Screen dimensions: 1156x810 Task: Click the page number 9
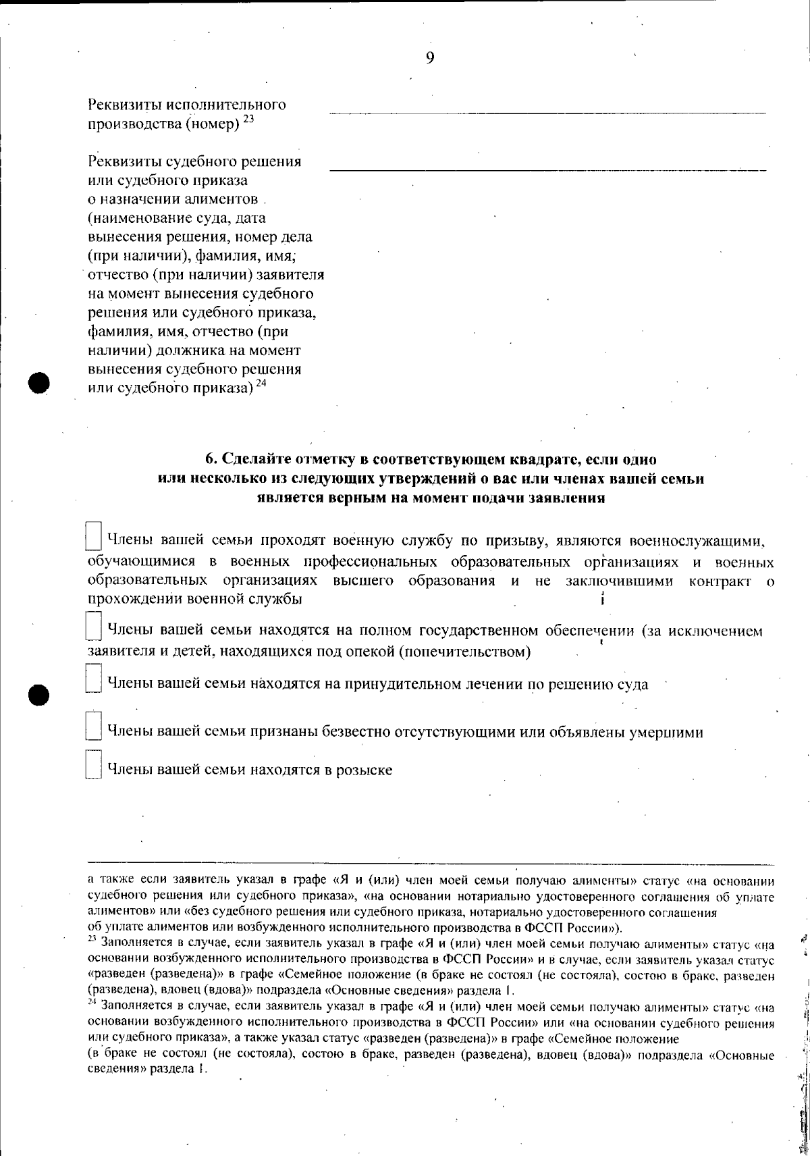[430, 57]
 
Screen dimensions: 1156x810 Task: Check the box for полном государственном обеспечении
[94, 627]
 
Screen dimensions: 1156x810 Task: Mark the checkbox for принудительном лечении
[94, 679]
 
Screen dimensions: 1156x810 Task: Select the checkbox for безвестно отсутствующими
[94, 727]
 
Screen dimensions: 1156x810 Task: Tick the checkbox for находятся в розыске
[94, 765]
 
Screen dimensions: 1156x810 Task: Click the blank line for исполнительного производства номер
[547, 112]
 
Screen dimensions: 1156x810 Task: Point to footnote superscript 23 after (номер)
[248, 119]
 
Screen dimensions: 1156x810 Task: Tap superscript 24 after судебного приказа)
[261, 384]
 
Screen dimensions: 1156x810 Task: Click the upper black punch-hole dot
[40, 382]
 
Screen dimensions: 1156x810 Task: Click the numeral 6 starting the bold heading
[209, 460]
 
